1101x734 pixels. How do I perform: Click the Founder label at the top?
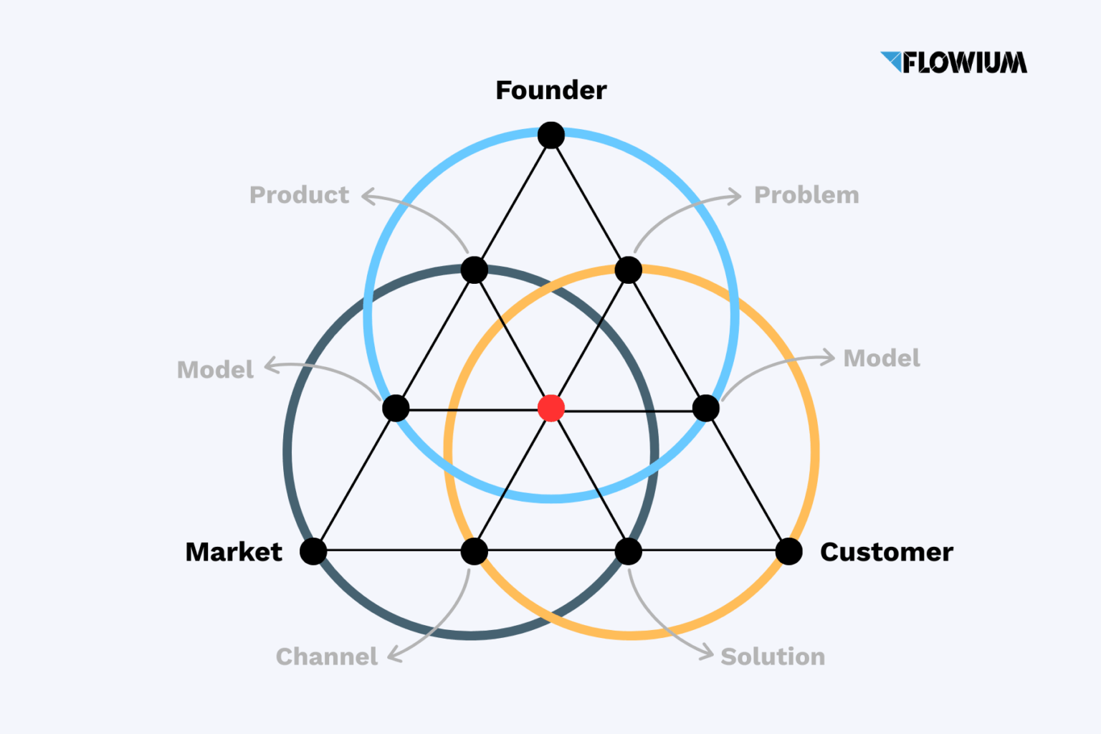click(x=550, y=90)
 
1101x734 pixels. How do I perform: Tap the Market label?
click(x=234, y=552)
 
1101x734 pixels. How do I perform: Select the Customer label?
click(x=886, y=552)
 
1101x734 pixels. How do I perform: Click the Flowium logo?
click(x=953, y=62)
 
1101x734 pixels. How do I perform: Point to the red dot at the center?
click(x=550, y=408)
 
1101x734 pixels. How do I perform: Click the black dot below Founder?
click(x=550, y=135)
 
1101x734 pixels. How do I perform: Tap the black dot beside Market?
click(x=313, y=551)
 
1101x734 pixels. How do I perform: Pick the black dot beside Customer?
click(x=788, y=551)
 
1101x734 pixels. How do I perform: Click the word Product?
click(x=299, y=195)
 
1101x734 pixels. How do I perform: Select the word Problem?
click(x=806, y=195)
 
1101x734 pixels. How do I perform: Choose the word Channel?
click(x=326, y=657)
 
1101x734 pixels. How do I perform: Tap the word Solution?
click(x=773, y=657)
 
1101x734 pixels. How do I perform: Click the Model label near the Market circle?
click(x=215, y=370)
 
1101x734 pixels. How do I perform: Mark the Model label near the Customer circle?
click(x=882, y=358)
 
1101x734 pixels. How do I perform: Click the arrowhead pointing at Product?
click(x=367, y=196)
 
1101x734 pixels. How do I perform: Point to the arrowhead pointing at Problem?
click(x=736, y=196)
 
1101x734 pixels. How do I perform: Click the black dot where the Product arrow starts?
click(x=474, y=270)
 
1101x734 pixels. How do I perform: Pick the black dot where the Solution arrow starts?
click(x=628, y=551)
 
